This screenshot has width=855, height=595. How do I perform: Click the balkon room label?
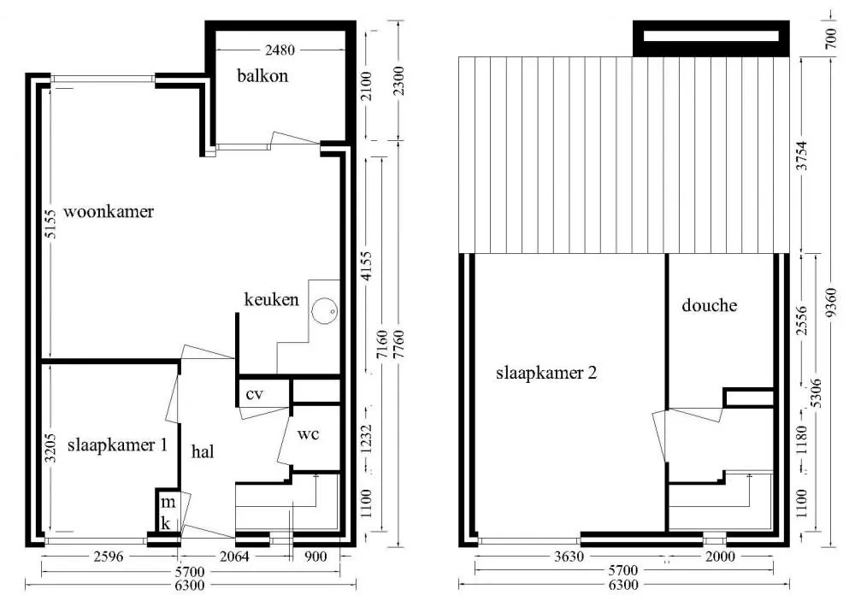[x=262, y=75]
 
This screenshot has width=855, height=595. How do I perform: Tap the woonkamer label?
[x=109, y=211]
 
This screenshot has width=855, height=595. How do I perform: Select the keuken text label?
[x=271, y=299]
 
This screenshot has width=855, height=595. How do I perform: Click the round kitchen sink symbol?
[x=325, y=311]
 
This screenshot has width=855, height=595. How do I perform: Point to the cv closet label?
[x=254, y=394]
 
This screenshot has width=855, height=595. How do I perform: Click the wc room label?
[x=308, y=434]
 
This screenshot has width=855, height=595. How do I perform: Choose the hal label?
[x=203, y=451]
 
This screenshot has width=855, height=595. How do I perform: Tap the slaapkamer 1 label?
[x=117, y=445]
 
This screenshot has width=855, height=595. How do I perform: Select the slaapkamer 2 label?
[x=546, y=373]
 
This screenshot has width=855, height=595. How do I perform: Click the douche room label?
[x=709, y=305]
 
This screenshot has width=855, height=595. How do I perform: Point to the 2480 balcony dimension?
[x=280, y=50]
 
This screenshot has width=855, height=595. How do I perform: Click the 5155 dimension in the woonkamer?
[x=50, y=224]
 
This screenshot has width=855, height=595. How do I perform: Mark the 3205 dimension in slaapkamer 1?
[x=50, y=447]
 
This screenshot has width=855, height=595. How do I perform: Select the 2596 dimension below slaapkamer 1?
[x=109, y=557]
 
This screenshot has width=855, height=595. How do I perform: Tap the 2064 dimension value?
[x=234, y=557]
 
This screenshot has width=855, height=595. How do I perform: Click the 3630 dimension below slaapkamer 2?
[x=569, y=557]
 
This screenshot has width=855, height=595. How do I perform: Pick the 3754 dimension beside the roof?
[x=801, y=156]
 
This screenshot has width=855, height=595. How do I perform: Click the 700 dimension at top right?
[x=830, y=38]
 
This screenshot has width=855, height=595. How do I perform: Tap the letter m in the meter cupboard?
[x=168, y=502]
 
